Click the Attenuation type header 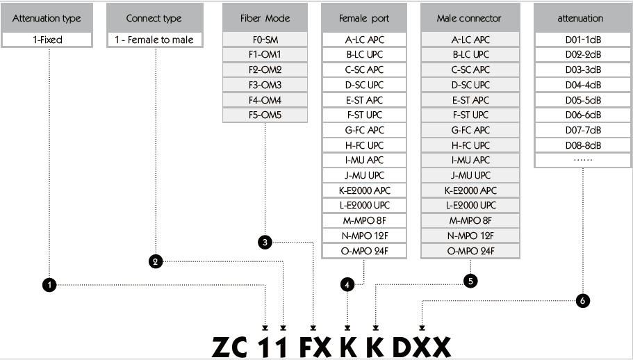pyautogui.click(x=47, y=18)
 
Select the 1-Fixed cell pyautogui.click(x=47, y=40)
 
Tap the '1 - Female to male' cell pyautogui.click(x=155, y=40)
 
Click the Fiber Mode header pyautogui.click(x=265, y=18)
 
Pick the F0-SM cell pyautogui.click(x=265, y=40)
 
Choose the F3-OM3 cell pyautogui.click(x=265, y=85)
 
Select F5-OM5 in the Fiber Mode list pyautogui.click(x=265, y=115)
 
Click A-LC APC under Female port pyautogui.click(x=364, y=40)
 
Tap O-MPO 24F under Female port pyautogui.click(x=364, y=251)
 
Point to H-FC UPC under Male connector pyautogui.click(x=470, y=145)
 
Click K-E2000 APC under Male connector pyautogui.click(x=470, y=190)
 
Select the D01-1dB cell pyautogui.click(x=583, y=40)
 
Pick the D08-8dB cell pyautogui.click(x=583, y=145)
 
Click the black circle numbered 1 pyautogui.click(x=49, y=285)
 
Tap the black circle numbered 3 pyautogui.click(x=265, y=242)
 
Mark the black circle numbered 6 pyautogui.click(x=582, y=300)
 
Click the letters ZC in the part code pyautogui.click(x=229, y=347)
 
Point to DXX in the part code pyautogui.click(x=422, y=347)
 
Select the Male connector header pyautogui.click(x=470, y=18)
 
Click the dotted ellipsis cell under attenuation pyautogui.click(x=583, y=160)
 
